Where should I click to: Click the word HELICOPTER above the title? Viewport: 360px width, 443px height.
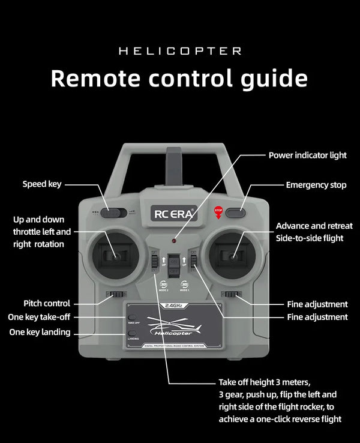180,51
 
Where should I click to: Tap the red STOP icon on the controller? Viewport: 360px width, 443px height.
218,211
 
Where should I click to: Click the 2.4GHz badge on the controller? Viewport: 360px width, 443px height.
173,305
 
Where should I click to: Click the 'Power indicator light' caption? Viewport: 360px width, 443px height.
307,155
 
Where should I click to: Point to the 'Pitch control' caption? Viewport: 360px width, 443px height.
47,304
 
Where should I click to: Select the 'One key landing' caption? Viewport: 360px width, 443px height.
40,332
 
